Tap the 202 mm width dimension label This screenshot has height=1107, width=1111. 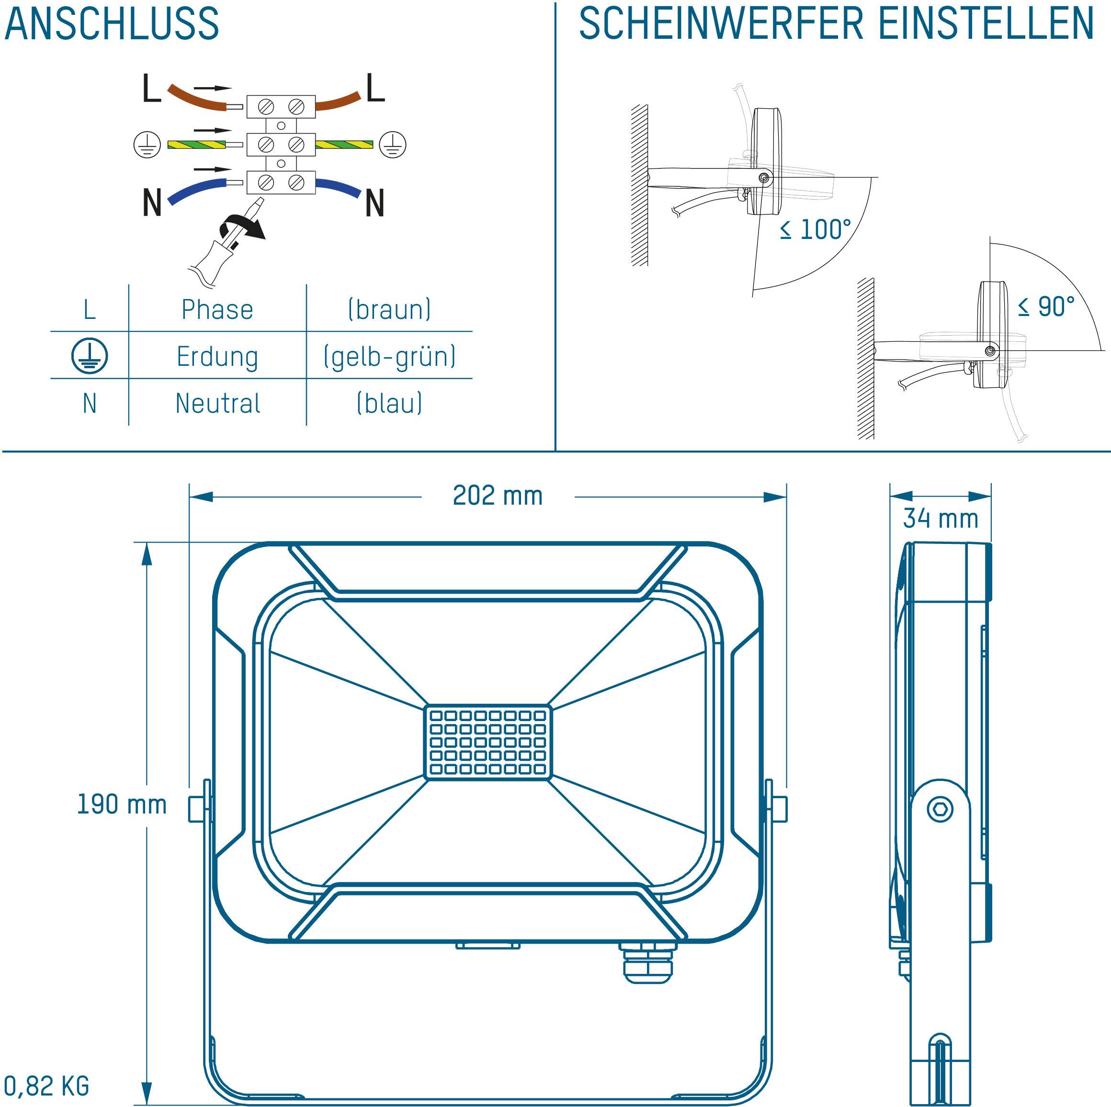pos(498,496)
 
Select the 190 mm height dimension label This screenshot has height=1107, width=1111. pos(122,804)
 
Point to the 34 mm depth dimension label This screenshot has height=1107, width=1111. pos(941,518)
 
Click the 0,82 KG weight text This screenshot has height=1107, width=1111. pos(46,1085)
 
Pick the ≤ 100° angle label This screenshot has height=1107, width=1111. pos(816,229)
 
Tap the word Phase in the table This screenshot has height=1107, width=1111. pos(217,309)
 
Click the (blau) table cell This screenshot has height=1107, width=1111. pos(389,403)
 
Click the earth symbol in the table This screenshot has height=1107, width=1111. pos(90,355)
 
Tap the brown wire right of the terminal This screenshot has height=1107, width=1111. pos(339,101)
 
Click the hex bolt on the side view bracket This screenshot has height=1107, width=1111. pos(940,810)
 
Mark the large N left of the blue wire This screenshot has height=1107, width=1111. pos(152,203)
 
